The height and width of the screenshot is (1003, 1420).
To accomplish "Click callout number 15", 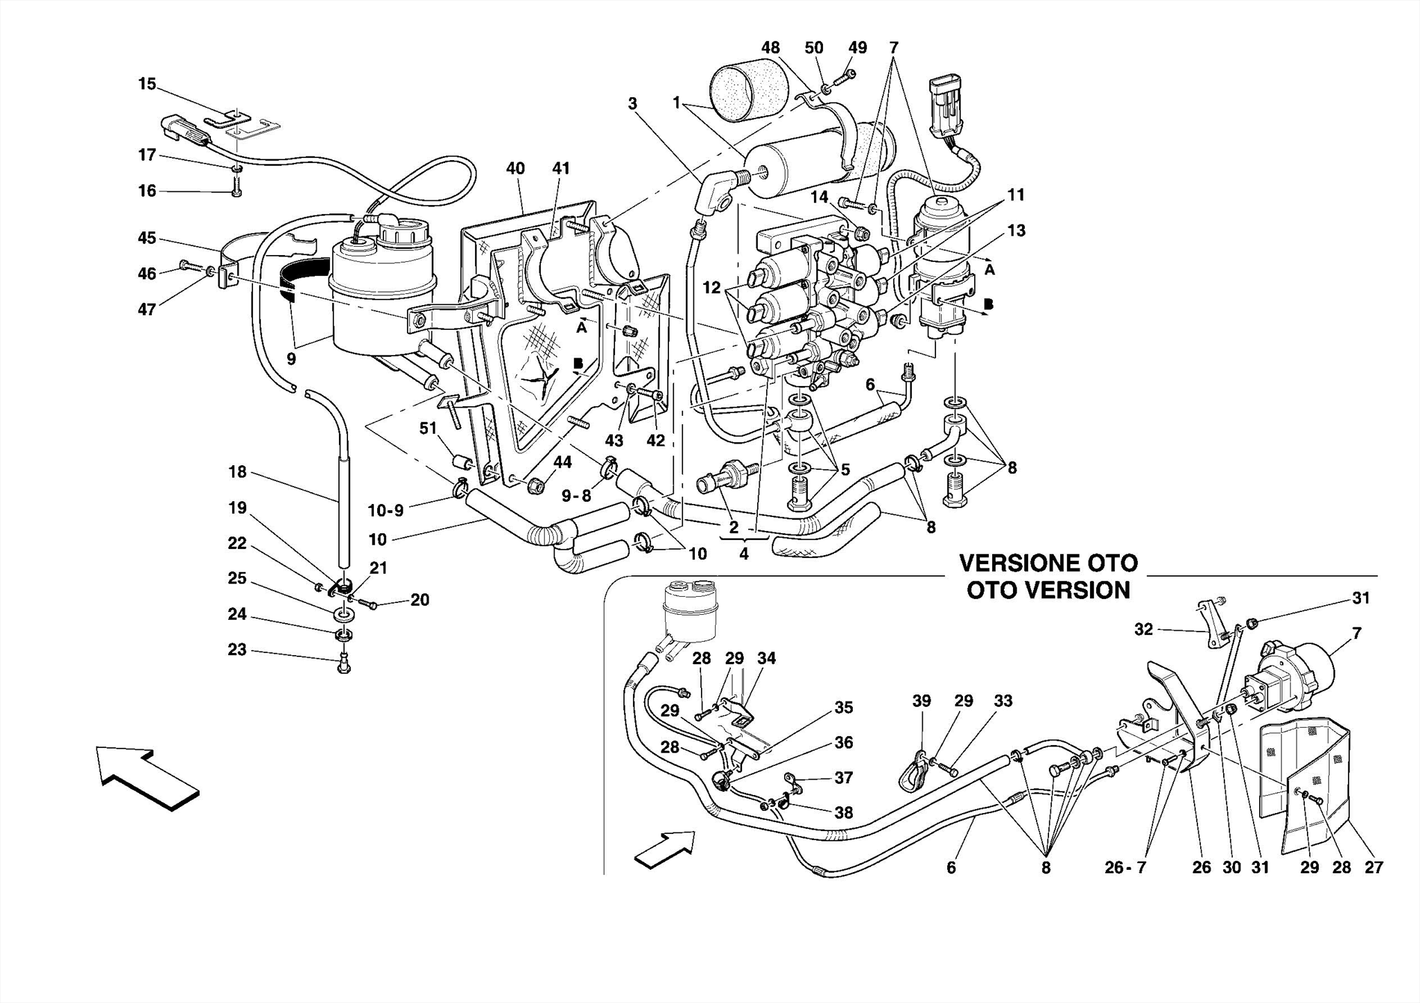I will click(147, 84).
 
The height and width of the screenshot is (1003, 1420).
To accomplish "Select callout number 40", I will click(515, 168).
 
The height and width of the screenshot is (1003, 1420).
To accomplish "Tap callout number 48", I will click(770, 48).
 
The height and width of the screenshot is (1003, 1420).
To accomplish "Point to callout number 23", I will click(237, 650).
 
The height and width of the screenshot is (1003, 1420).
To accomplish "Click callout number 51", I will click(428, 429).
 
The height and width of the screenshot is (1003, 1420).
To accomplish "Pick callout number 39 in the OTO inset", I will click(921, 701).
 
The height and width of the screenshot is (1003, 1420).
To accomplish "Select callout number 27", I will click(1374, 867).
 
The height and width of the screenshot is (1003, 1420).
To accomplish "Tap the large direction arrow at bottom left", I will click(147, 776).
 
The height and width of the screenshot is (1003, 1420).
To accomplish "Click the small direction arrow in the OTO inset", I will click(664, 848).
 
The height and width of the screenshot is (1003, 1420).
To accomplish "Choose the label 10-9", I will click(386, 511).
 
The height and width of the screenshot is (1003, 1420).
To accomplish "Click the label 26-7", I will click(1125, 867).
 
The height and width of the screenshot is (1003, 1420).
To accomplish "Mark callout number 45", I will click(147, 238).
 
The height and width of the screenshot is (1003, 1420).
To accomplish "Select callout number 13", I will click(1016, 230).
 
